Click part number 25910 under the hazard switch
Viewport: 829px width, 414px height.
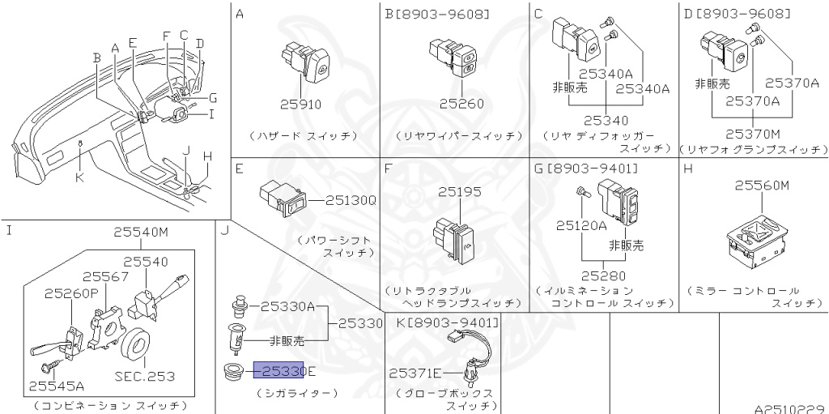pos(300,105)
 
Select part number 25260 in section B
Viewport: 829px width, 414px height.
pos(461,104)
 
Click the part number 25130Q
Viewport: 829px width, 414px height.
pos(351,199)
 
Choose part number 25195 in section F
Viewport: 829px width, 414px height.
pos(459,192)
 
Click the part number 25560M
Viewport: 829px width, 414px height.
pos(761,186)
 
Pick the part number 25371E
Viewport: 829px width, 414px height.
pos(415,373)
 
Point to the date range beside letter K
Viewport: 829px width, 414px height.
pos(453,322)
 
